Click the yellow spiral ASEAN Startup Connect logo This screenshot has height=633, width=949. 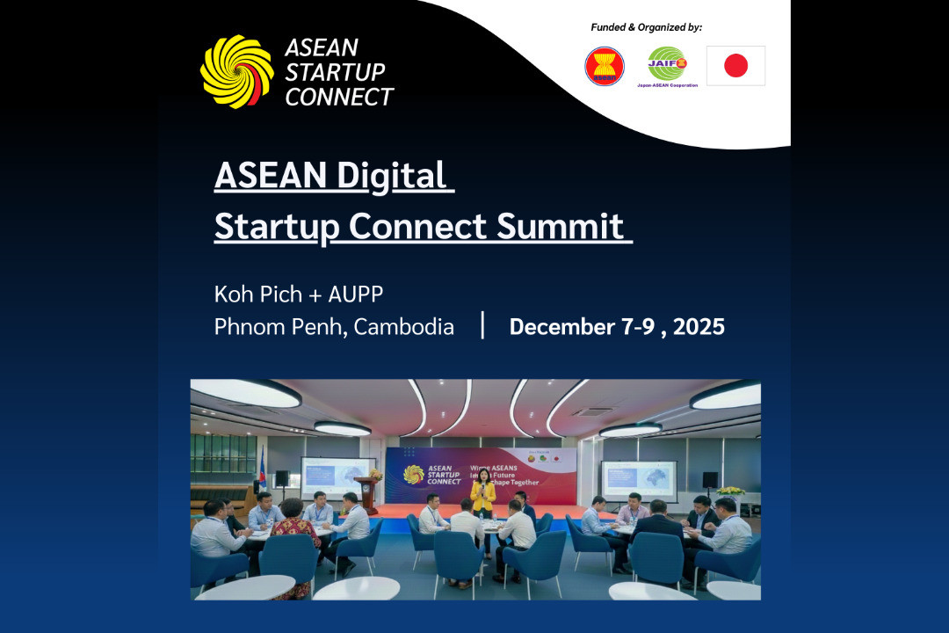[x=236, y=72]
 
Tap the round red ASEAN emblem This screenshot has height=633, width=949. [x=605, y=67]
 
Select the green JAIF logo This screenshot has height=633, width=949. [x=668, y=65]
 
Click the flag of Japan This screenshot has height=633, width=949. [x=735, y=66]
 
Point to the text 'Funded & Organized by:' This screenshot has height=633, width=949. [x=646, y=27]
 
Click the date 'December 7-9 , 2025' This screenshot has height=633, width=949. [x=617, y=327]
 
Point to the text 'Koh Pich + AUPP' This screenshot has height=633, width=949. [x=299, y=293]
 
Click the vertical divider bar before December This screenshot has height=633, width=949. [x=482, y=325]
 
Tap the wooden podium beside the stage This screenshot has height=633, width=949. [x=366, y=494]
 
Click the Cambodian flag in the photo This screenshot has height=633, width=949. [x=261, y=470]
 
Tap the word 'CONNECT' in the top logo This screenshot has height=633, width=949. [x=339, y=97]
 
